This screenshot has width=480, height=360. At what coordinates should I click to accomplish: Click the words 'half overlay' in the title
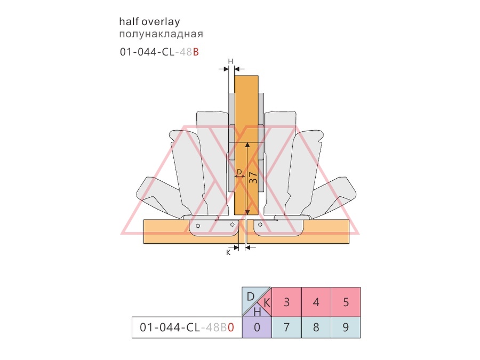tap(149, 22)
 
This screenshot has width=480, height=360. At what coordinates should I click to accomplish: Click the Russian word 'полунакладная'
tap(161, 34)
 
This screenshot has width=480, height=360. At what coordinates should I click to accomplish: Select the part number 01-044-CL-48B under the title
tap(159, 52)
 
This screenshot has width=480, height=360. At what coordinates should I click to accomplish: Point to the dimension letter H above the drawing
tap(230, 61)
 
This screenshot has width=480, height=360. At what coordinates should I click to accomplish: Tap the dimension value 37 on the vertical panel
tap(253, 178)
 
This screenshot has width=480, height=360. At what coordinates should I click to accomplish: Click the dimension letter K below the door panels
tap(228, 253)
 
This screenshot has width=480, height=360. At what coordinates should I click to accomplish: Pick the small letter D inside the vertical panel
tap(239, 172)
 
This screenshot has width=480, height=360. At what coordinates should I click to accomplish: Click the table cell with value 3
tap(286, 302)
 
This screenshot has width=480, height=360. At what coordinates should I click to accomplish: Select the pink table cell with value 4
tap(316, 302)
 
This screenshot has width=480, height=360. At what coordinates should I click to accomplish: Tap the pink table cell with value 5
tap(346, 302)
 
